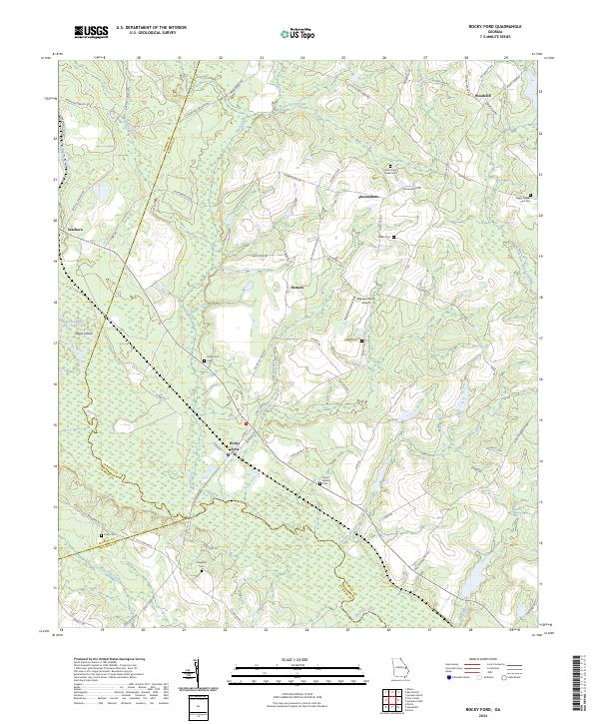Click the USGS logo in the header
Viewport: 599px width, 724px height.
pyautogui.click(x=91, y=32)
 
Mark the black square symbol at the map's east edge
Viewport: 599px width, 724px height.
pyautogui.click(x=530, y=195)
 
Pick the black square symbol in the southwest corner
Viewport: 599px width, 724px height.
pyautogui.click(x=101, y=535)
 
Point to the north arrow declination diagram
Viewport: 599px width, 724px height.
pyautogui.click(x=200, y=674)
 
